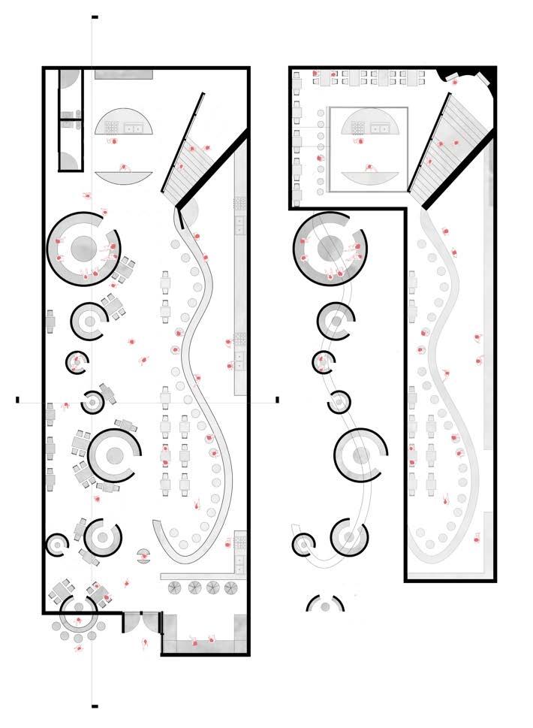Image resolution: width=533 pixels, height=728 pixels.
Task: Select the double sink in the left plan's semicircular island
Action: pos(135,128)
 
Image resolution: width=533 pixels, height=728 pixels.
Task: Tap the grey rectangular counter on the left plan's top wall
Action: pos(124,74)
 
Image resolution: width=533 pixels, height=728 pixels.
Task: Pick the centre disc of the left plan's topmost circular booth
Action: pos(83,246)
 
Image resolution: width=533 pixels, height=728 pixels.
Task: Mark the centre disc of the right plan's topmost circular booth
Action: pos(330,247)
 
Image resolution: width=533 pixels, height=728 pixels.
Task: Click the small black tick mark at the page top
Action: pos(95,16)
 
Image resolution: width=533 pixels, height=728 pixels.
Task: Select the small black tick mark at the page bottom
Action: pos(95,706)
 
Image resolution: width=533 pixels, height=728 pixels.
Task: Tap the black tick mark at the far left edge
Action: pos(17,400)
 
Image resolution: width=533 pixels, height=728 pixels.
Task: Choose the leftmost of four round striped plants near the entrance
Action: pos(176,588)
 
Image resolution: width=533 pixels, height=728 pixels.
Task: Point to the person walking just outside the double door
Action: pos(145,643)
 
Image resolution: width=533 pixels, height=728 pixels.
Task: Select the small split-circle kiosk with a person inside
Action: pos(142,555)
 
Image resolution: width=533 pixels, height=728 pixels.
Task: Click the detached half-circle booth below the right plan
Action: pos(325,603)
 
